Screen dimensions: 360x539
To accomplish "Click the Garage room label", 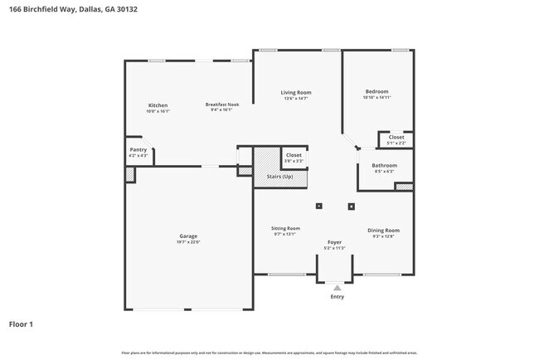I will click(188, 236).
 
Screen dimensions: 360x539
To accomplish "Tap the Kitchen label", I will click(158, 105).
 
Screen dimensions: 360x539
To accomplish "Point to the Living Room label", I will click(296, 93).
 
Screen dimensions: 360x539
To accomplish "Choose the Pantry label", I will click(138, 150).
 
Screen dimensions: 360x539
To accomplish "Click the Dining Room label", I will click(383, 230).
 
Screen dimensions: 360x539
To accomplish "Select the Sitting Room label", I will click(285, 228).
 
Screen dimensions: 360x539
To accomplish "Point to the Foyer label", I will click(334, 242).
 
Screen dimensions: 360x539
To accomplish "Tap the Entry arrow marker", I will click(337, 288).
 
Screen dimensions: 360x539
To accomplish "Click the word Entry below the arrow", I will click(337, 296).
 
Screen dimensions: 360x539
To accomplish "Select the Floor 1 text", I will click(21, 324).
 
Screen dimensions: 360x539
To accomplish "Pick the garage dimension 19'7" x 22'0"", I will click(188, 242).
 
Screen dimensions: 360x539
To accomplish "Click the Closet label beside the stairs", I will click(294, 155).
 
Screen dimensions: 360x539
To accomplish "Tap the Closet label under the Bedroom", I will click(396, 137).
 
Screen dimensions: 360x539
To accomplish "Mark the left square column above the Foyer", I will click(319, 206).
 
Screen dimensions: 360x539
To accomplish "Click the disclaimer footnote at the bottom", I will click(269, 352).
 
